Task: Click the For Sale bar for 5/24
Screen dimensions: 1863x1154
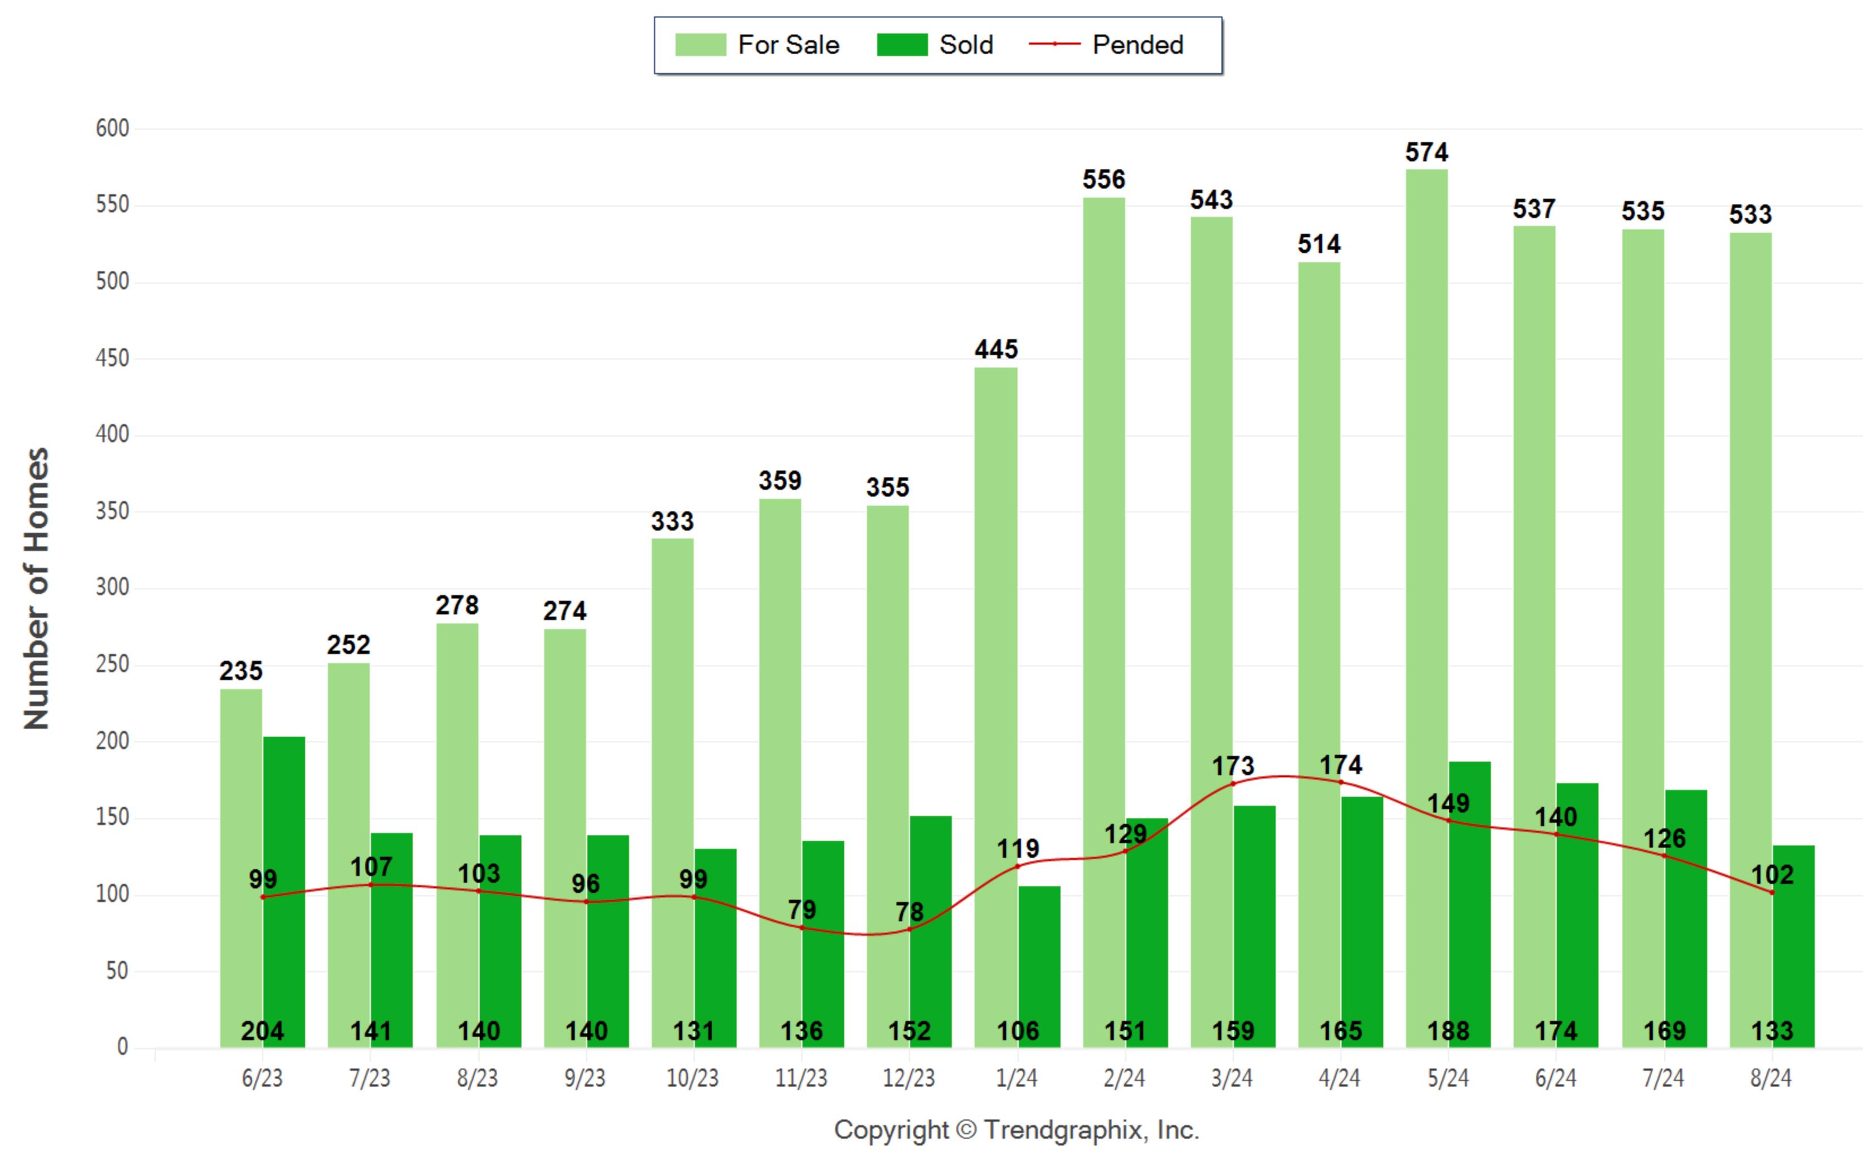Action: click(x=1426, y=608)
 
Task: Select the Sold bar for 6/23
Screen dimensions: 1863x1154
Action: click(x=284, y=892)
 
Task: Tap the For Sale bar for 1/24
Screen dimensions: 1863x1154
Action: click(x=996, y=707)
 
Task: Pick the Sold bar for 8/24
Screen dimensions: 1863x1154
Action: click(x=1793, y=946)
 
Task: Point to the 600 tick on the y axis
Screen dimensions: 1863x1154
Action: click(x=112, y=128)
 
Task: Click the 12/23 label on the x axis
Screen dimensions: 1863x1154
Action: click(x=909, y=1078)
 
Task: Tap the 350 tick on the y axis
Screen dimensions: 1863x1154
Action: click(x=112, y=511)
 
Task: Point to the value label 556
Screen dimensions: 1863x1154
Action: click(x=1104, y=180)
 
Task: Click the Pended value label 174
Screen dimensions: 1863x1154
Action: click(x=1341, y=765)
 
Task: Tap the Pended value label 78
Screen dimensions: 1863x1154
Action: click(x=909, y=911)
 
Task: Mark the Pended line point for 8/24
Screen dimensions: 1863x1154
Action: click(x=1772, y=892)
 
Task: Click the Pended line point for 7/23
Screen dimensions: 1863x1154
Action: click(x=371, y=884)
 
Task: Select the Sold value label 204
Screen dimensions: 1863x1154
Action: click(x=263, y=1031)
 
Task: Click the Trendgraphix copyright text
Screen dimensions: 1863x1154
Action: click(x=1016, y=1130)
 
